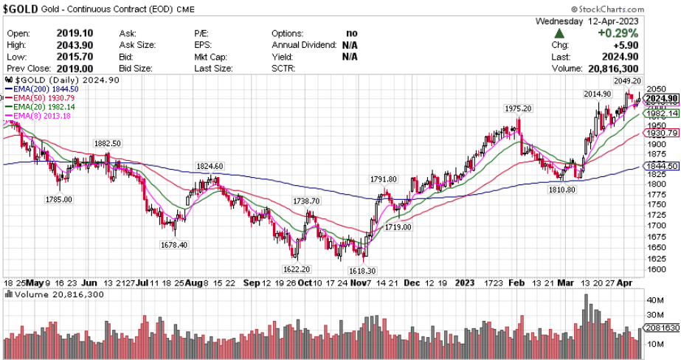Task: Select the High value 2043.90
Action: [77, 44]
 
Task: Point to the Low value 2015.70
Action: [77, 56]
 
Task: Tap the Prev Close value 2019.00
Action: [77, 68]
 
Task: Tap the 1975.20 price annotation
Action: [518, 108]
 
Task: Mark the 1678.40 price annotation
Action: [174, 244]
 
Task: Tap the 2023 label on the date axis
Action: [465, 283]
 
